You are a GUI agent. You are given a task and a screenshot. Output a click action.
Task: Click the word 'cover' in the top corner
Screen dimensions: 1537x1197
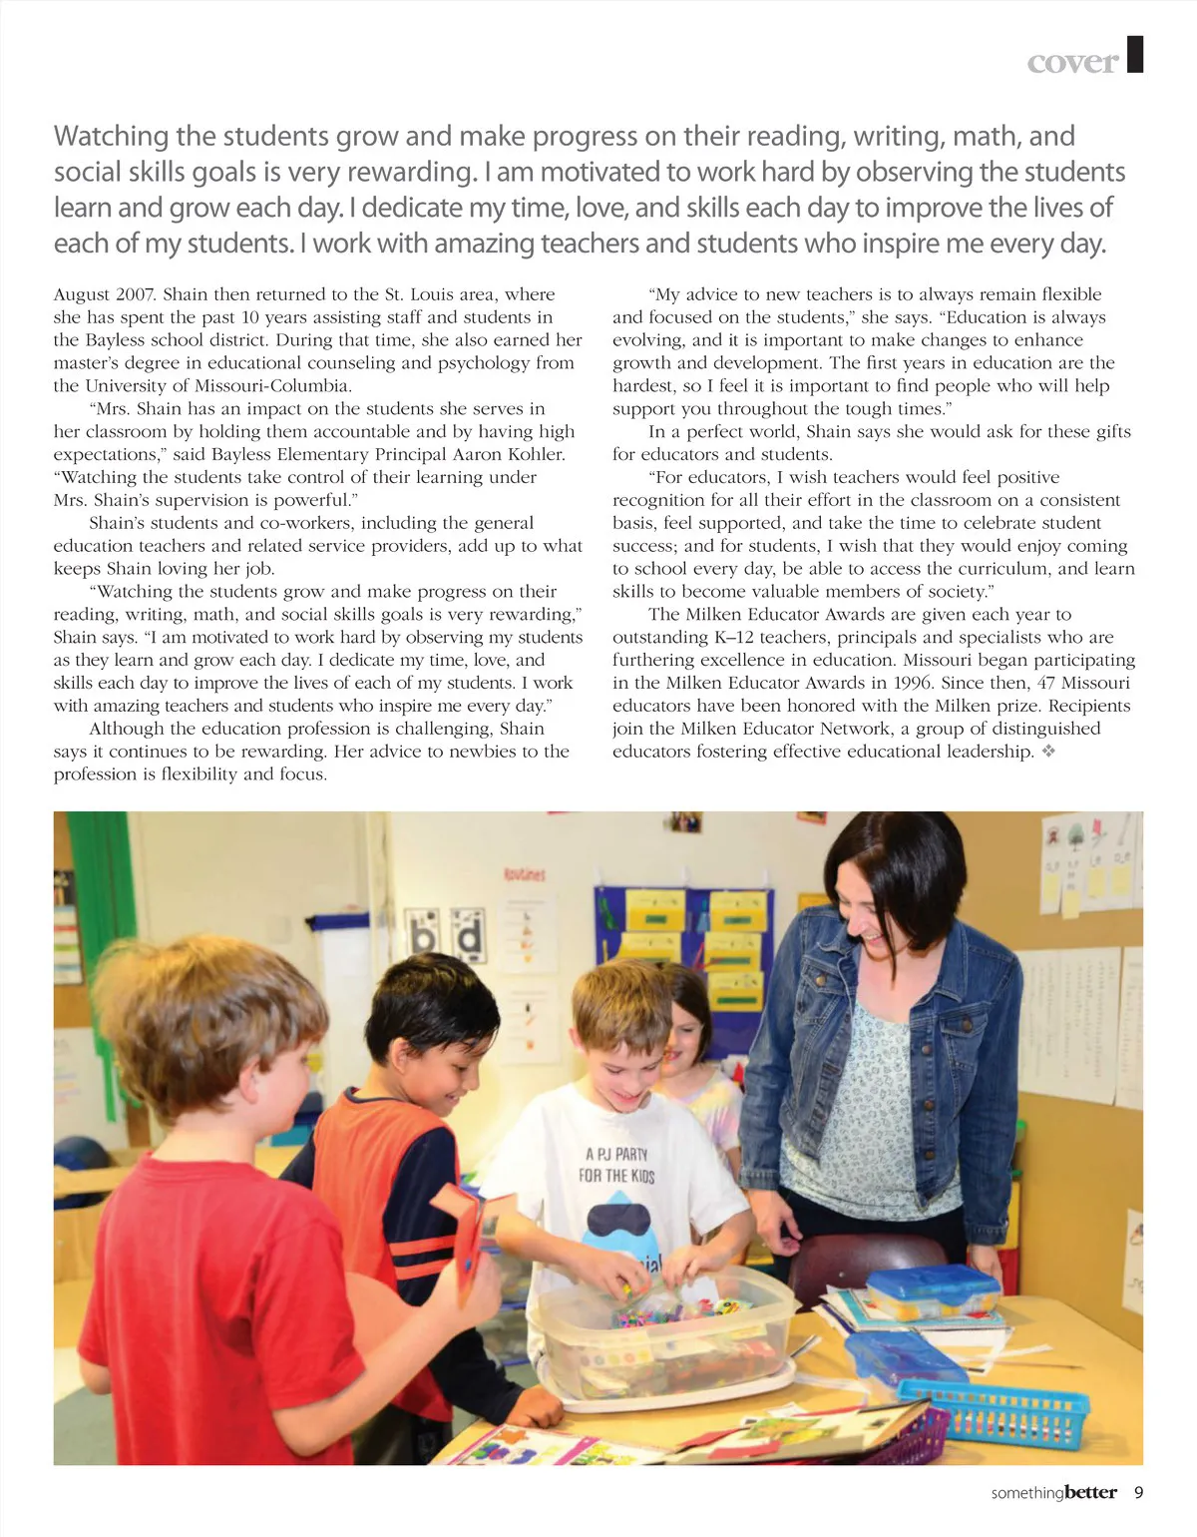tap(1072, 62)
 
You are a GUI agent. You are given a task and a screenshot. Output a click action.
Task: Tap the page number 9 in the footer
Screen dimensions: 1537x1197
tap(1138, 1493)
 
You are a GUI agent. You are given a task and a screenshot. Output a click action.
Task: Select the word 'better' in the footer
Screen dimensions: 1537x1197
tap(1090, 1493)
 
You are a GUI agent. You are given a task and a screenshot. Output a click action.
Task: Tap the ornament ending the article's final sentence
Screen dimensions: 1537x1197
tap(1048, 752)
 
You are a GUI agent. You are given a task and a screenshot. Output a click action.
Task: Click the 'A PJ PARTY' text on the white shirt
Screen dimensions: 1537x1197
tap(616, 1154)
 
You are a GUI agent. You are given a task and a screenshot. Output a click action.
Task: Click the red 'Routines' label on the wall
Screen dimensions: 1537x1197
tap(524, 875)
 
